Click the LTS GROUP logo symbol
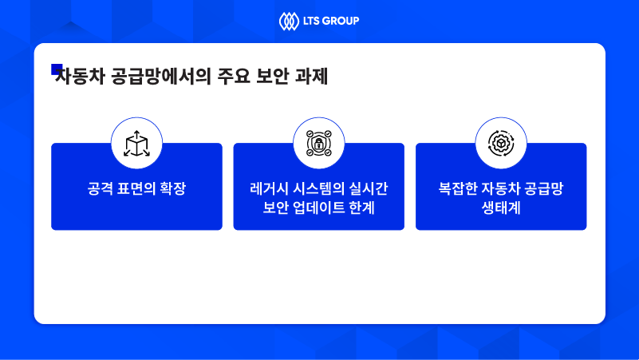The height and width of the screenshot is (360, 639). click(x=288, y=21)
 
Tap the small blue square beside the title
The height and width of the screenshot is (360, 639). click(x=57, y=69)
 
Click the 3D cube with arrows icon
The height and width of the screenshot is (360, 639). click(x=136, y=143)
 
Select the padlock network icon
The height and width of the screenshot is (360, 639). click(x=318, y=143)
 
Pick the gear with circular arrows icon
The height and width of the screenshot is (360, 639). click(x=501, y=143)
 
